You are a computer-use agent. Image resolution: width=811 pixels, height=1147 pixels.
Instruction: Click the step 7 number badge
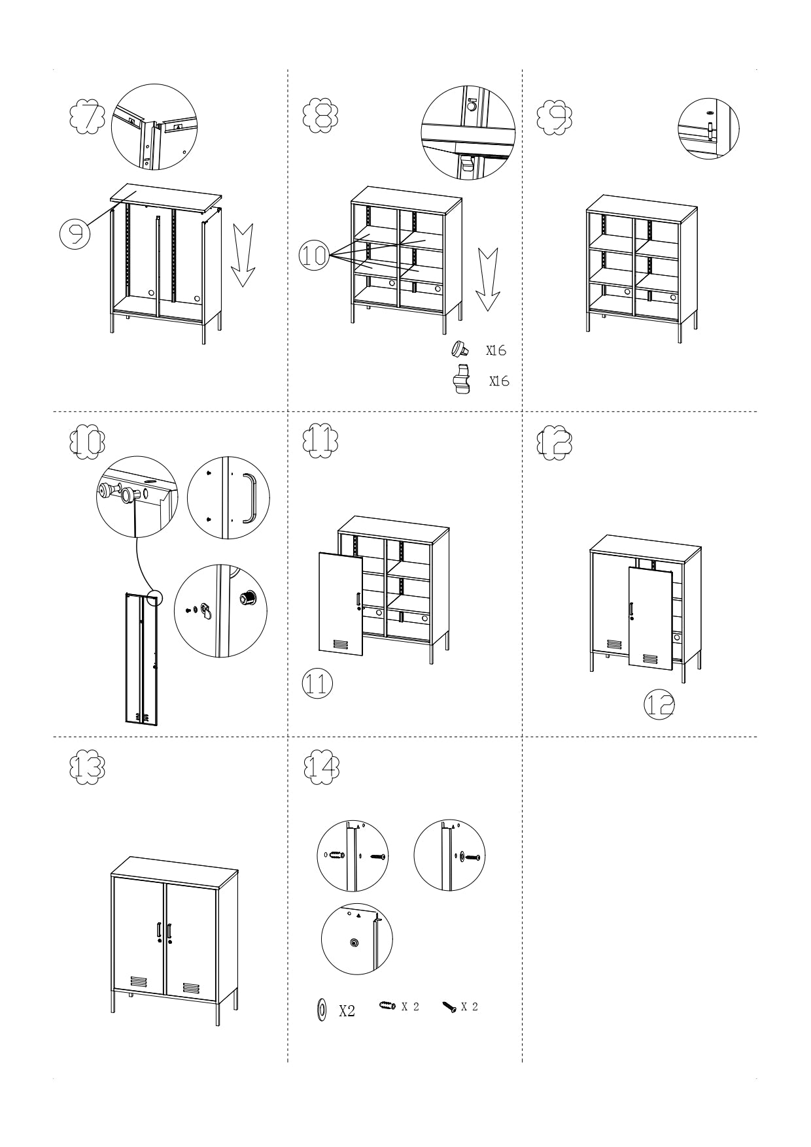coord(87,116)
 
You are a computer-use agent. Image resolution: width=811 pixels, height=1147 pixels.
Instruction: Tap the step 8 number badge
coord(320,116)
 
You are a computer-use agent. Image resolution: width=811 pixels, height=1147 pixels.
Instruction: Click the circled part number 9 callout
coord(75,233)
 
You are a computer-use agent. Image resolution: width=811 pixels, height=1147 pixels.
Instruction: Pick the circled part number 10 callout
coord(314,255)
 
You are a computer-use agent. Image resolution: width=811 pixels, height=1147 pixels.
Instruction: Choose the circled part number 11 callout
coord(317,684)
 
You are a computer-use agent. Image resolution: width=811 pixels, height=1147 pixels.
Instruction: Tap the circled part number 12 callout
coord(659,704)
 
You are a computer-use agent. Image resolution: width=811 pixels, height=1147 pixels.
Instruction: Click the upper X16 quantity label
coord(496,351)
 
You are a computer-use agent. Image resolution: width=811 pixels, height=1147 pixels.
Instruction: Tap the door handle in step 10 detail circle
coord(249,498)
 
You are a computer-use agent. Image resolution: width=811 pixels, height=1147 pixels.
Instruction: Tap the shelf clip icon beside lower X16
coord(462,380)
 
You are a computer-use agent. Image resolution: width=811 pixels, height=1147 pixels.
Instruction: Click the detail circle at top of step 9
coord(708,128)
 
